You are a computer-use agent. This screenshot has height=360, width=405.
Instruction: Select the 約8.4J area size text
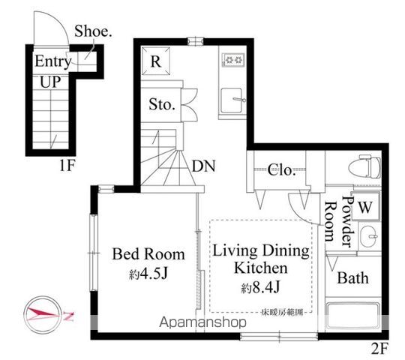pos(261,287)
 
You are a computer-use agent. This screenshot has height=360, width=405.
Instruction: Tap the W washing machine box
pos(367,205)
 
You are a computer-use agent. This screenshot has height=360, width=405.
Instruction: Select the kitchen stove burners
pos(234,59)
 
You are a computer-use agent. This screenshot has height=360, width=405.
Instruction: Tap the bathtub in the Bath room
pos(352,313)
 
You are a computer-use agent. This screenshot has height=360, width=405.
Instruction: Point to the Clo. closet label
pos(282,169)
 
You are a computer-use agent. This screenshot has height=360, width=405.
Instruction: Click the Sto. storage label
pos(161,105)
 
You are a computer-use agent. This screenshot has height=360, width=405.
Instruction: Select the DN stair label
pos(203,166)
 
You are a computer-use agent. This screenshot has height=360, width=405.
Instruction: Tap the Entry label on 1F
pos(52,61)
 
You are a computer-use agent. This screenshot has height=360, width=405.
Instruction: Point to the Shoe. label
pos(93,32)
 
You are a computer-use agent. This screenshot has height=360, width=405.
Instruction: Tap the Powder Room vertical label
pos(338,217)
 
